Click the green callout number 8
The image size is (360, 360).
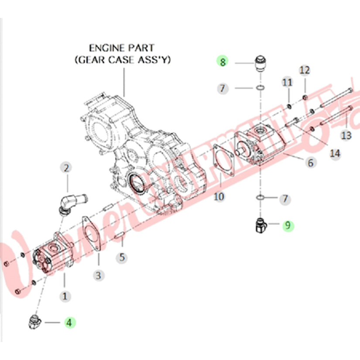[223, 62]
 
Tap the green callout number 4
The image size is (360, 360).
[70, 322]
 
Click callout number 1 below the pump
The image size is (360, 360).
[65, 297]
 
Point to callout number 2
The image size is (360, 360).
[66, 167]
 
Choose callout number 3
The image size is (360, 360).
[99, 275]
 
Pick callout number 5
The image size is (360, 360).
[123, 257]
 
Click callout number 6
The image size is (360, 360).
[310, 163]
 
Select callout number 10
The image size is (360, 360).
[219, 197]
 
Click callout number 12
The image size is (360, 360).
[305, 70]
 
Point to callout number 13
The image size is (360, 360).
[346, 136]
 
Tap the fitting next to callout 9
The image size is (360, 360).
[260, 225]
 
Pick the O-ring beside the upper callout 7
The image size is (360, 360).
[260, 89]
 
